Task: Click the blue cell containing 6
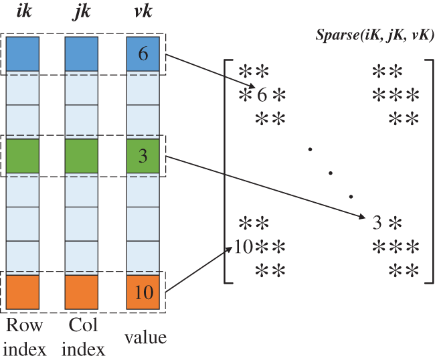point(143,54)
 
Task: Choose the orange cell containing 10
point(143,292)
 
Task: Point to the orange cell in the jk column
point(82,292)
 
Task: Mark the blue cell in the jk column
point(82,54)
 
